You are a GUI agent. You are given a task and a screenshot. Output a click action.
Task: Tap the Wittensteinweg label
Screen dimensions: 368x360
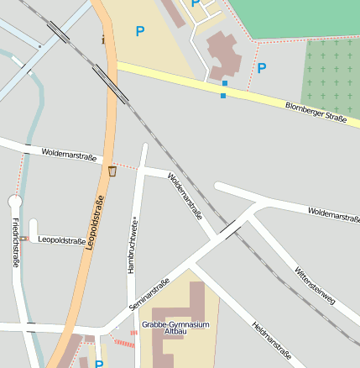coord(316,285)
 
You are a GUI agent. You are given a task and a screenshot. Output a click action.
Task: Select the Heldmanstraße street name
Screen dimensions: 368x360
coord(271,341)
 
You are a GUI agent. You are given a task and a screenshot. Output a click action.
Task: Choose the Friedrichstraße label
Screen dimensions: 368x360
coord(15,242)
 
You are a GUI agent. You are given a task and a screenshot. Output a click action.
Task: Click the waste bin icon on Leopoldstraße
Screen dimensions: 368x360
coord(112,171)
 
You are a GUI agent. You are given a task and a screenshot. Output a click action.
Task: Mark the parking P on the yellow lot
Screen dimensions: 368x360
coord(139,31)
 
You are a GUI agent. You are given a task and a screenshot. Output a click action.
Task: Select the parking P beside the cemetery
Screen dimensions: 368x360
coord(262,68)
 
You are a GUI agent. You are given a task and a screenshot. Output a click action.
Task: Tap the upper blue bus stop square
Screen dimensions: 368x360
coord(225,83)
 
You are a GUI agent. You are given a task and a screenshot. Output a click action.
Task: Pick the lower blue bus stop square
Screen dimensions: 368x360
coord(222,96)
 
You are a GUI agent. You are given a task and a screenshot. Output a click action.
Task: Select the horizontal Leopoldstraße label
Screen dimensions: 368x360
coord(61,240)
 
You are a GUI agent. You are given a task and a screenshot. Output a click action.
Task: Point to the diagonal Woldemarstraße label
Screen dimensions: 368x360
coord(185,196)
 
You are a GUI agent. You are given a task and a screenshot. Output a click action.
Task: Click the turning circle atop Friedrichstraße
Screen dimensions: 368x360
coord(15,201)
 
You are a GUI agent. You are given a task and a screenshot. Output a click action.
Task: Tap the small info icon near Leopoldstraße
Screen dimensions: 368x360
coord(102,39)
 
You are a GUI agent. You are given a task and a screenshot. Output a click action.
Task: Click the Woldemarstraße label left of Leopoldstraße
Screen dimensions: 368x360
coord(69,155)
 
